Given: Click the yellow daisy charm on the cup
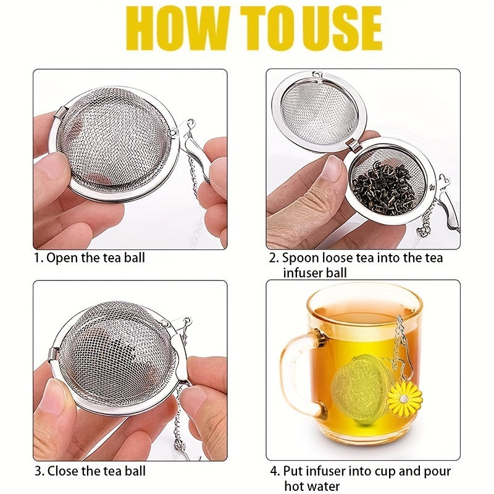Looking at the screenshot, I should click(404, 398).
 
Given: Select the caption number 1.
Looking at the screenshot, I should click(38, 257).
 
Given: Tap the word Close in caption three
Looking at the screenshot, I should click(64, 471).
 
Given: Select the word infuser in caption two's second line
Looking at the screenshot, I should click(305, 272).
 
